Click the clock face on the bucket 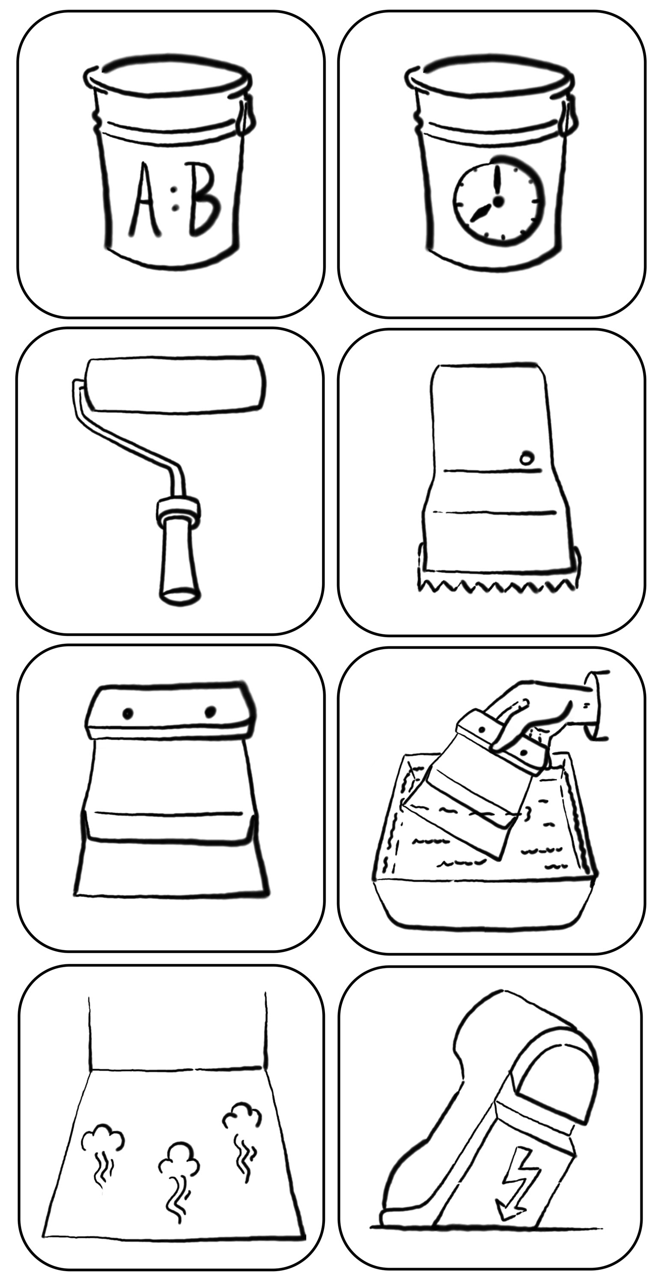click(497, 202)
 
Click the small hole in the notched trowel click(527, 458)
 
